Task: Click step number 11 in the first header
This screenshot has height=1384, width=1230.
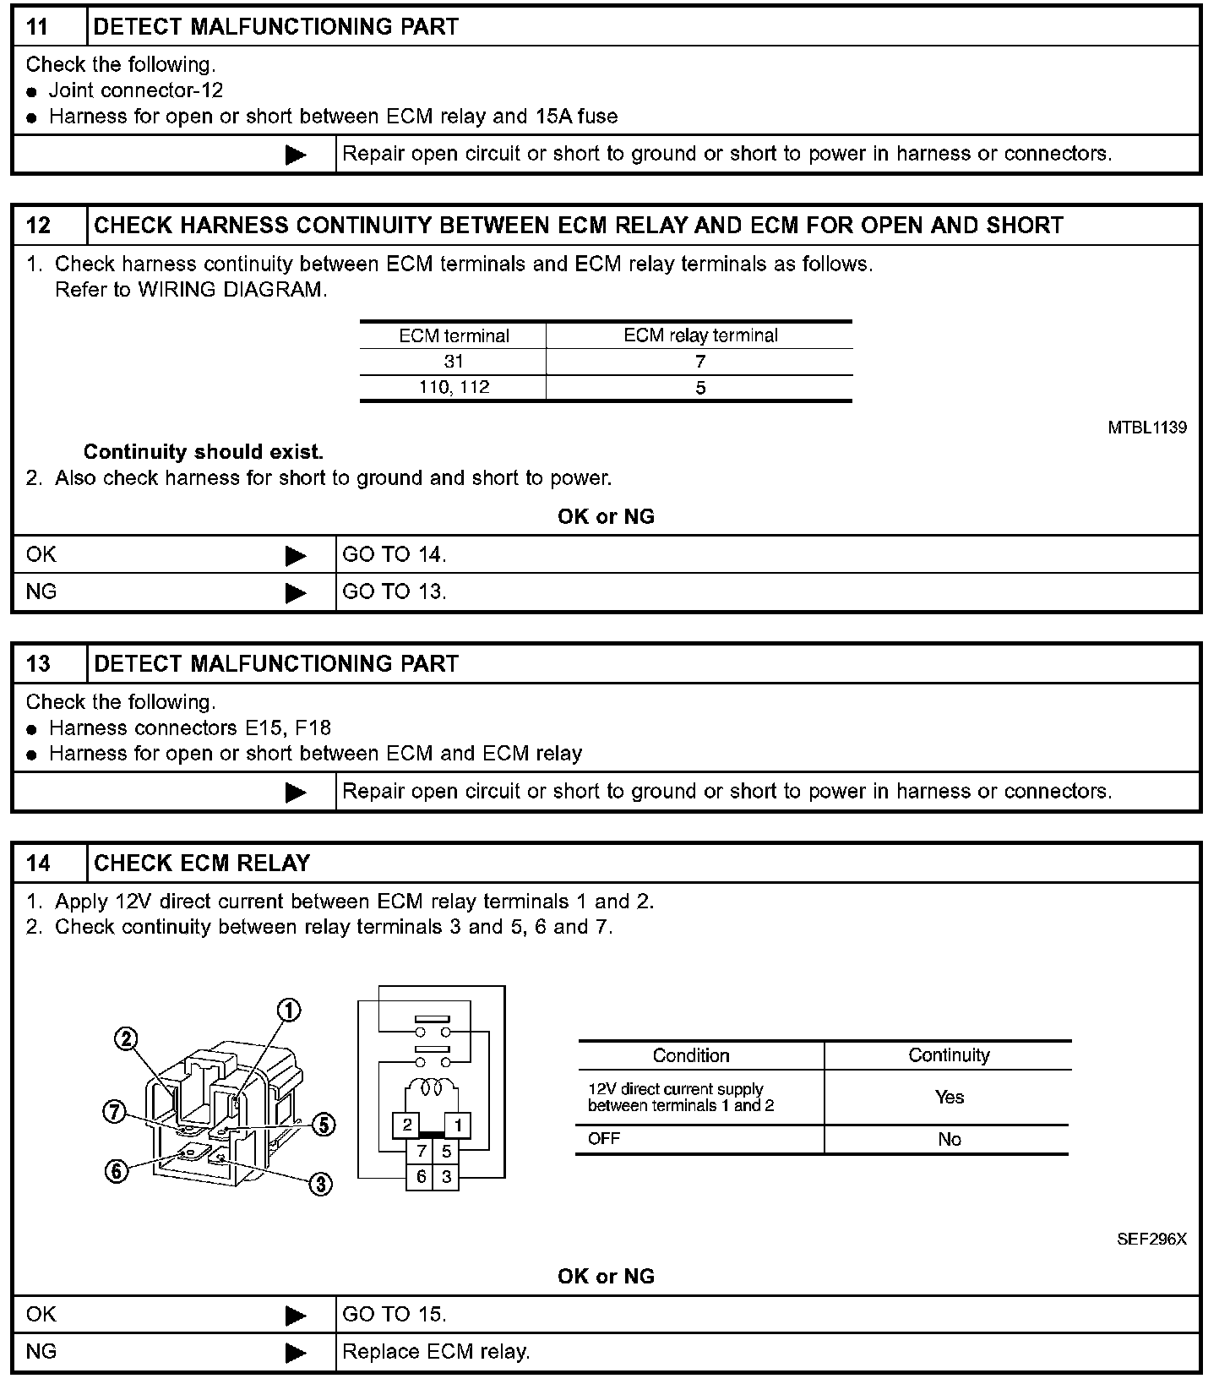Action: coord(38,26)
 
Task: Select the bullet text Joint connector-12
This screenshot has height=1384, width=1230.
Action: coord(135,90)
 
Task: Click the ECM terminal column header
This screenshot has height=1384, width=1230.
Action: coord(454,335)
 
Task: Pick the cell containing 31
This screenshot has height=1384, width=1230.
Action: coord(454,362)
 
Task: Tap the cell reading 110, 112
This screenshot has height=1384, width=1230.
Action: coord(454,388)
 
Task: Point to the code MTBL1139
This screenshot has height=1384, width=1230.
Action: coord(1146,428)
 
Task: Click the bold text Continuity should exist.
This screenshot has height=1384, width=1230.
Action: coord(203,452)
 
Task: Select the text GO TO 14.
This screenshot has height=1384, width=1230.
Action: coord(394,555)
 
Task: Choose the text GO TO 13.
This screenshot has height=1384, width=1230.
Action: coord(394,592)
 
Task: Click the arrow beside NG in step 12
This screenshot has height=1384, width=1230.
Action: coord(296,593)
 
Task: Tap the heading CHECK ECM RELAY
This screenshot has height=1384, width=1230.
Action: coord(202,863)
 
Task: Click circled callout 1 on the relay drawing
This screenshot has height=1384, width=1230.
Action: coord(289,1011)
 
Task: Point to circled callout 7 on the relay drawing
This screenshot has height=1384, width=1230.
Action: coord(114,1113)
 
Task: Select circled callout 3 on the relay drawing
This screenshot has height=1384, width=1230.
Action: coord(321,1185)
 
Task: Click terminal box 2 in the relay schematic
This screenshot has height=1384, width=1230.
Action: coord(407,1125)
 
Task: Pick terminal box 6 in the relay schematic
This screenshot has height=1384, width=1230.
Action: coord(421,1176)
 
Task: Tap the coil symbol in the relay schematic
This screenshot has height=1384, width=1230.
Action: coord(433,1089)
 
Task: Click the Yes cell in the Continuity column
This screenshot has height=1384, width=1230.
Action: coord(949,1097)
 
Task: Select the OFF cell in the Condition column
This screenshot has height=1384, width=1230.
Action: coord(604,1139)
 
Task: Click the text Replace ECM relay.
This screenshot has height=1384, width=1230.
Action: coord(436,1352)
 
